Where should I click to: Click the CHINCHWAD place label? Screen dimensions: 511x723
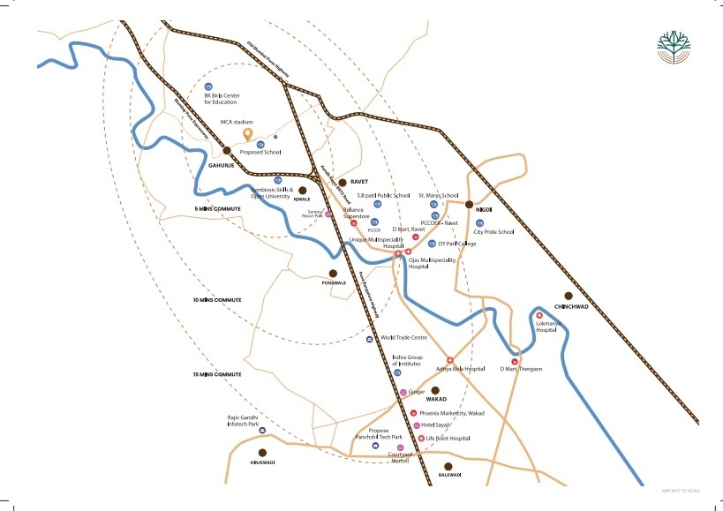[x=570, y=306]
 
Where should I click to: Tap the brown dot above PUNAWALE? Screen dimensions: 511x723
[x=333, y=274]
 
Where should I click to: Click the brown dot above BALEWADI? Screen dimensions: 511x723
[x=448, y=466]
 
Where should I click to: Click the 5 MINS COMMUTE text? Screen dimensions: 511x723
[x=217, y=207]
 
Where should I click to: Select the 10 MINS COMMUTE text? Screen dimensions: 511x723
[x=217, y=300]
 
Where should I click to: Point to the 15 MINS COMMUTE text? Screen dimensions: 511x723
[x=217, y=375]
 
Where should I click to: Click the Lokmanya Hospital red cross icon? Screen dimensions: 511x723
[x=539, y=315]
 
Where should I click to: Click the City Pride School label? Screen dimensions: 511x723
[x=493, y=232]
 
